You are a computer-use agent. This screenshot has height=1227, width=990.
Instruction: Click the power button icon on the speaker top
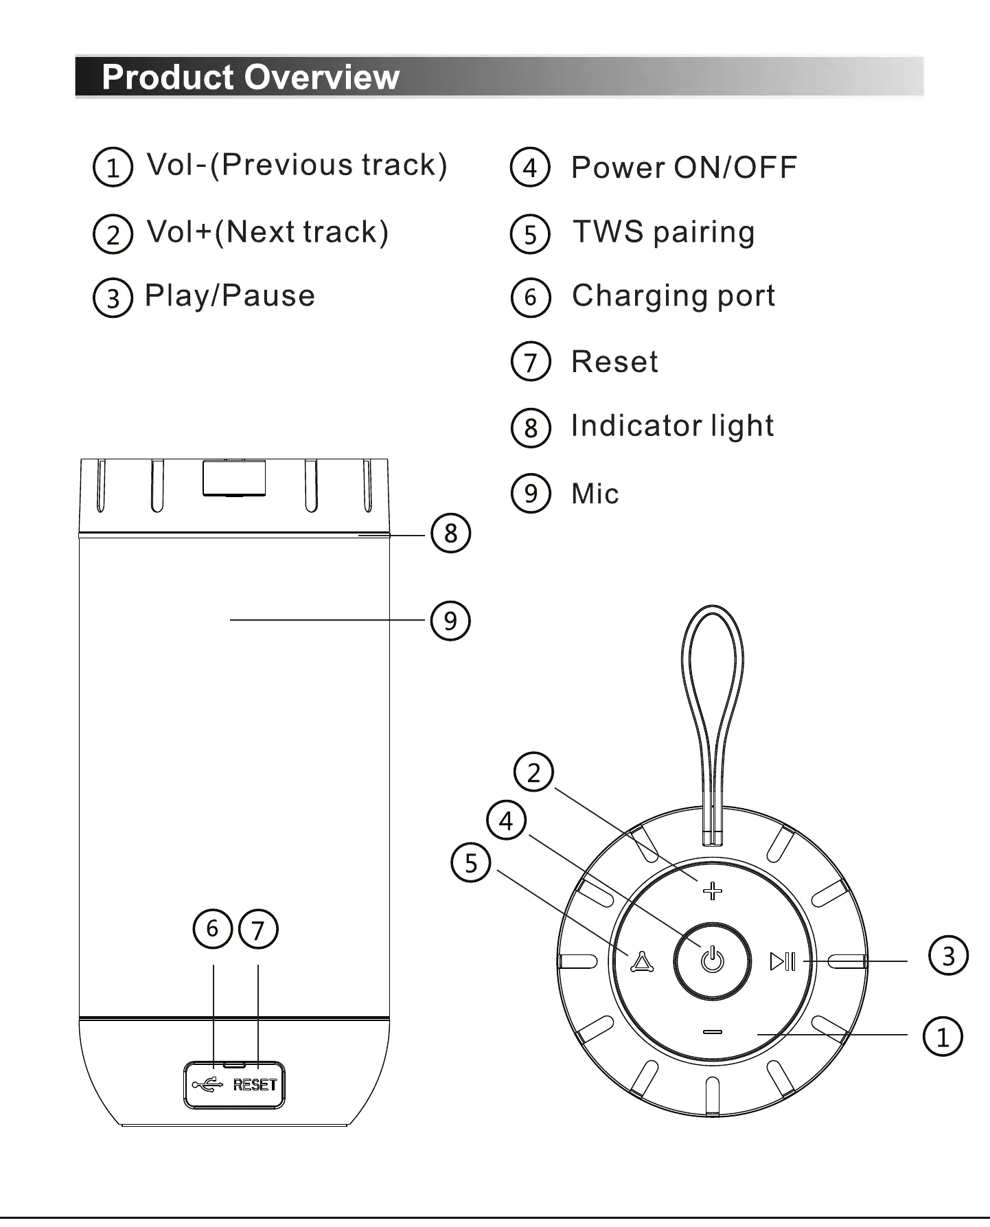713,959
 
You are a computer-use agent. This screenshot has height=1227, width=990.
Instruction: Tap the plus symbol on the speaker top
713,891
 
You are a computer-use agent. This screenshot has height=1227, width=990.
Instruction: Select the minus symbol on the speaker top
713,1032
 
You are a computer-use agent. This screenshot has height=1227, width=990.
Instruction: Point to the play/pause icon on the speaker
783,961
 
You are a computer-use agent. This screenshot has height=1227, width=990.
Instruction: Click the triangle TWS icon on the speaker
642,963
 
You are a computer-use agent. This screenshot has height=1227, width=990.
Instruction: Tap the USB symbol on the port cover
207,1085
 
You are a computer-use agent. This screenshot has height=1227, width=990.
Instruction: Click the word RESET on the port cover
255,1085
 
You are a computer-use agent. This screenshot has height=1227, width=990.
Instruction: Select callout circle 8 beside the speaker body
450,533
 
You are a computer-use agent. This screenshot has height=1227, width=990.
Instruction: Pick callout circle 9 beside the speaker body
450,621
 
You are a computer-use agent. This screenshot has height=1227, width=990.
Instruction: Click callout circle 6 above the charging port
213,928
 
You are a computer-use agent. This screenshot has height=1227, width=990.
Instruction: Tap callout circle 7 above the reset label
258,929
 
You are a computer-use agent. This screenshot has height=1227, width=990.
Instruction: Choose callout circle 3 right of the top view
948,955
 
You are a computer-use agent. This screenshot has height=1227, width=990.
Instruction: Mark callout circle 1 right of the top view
943,1036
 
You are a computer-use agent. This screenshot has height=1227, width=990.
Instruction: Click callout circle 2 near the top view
534,772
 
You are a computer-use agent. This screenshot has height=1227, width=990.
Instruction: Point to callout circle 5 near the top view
471,862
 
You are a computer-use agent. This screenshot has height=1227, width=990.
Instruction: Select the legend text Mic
595,494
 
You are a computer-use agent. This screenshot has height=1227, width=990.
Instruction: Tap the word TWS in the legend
608,232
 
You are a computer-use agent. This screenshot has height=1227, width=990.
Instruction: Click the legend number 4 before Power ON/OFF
530,168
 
